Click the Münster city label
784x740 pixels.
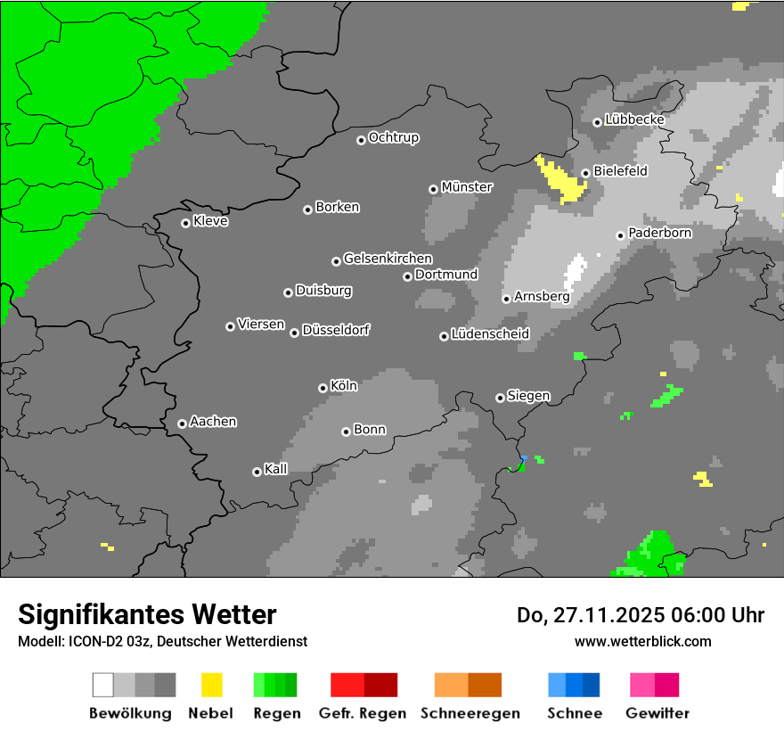click(467, 187)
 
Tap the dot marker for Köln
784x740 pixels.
click(323, 388)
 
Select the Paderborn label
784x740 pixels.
click(659, 233)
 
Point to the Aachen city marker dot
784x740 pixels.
click(182, 423)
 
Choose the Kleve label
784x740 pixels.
click(210, 221)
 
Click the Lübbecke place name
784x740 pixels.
click(634, 119)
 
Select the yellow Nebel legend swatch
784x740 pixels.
click(211, 685)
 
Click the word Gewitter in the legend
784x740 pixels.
click(657, 713)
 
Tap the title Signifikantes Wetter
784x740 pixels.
click(147, 614)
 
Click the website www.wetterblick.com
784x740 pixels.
click(642, 641)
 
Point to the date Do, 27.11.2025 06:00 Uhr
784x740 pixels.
click(640, 615)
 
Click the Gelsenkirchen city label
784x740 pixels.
click(388, 259)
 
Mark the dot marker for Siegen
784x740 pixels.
click(500, 398)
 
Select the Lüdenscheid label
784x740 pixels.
click(490, 334)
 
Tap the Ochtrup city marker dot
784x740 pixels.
click(361, 139)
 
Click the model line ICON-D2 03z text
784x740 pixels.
click(162, 641)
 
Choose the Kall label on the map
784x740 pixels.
click(275, 469)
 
